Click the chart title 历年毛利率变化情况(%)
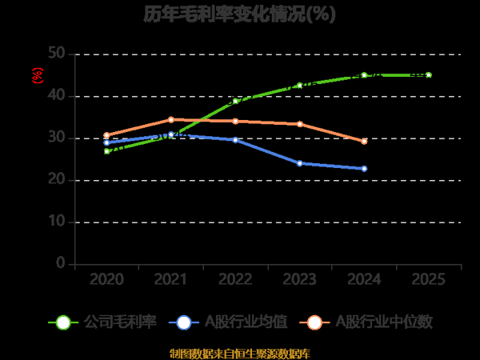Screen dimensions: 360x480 pos(240,14)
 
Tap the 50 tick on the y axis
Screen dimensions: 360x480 pos(57,54)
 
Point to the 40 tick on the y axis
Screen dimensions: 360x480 pos(57,96)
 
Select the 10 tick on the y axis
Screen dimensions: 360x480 pos(57,222)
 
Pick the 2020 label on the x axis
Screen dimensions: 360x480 pos(106,279)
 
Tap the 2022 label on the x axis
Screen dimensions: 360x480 pos(235,279)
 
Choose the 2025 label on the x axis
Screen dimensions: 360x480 pos(429,279)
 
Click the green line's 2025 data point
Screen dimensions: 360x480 pos(429,75)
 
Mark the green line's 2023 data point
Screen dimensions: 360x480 pos(300,86)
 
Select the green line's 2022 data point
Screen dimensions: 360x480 pos(235,101)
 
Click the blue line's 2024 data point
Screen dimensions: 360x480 pos(364,169)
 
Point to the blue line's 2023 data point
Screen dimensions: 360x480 pos(300,163)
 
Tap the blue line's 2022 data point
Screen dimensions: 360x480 pos(235,140)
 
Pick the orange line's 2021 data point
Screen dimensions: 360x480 pos(171,120)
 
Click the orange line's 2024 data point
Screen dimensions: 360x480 pos(364,141)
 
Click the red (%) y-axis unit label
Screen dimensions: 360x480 pos(37,76)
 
